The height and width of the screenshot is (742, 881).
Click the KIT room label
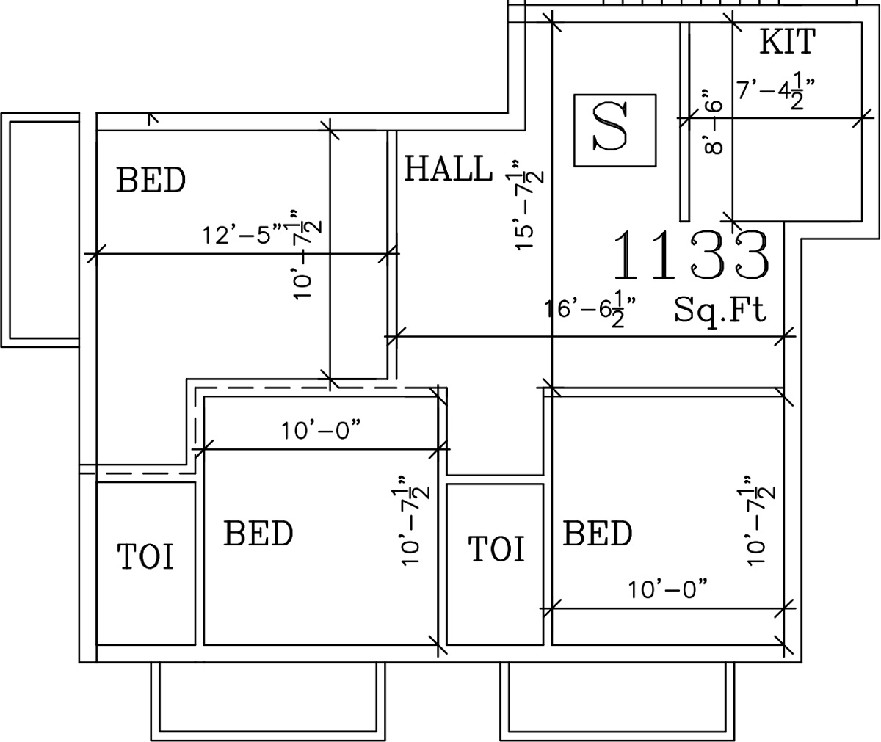pyautogui.click(x=787, y=41)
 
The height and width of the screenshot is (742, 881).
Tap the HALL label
pyautogui.click(x=448, y=169)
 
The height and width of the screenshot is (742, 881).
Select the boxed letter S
pyautogui.click(x=614, y=131)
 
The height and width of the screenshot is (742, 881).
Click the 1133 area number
pyautogui.click(x=691, y=255)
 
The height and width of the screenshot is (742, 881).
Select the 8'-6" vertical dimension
pyautogui.click(x=712, y=122)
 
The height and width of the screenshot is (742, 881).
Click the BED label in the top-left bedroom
pyautogui.click(x=151, y=180)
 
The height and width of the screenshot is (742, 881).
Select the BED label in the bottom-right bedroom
pyautogui.click(x=598, y=533)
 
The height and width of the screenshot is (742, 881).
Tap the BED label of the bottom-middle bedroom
pyautogui.click(x=258, y=533)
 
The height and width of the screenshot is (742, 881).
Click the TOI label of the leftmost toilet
pyautogui.click(x=145, y=556)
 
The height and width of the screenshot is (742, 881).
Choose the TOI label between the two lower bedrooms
pyautogui.click(x=496, y=548)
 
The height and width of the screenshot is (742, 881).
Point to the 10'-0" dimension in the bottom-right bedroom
pyautogui.click(x=667, y=589)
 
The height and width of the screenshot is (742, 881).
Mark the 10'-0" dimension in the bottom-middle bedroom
pyautogui.click(x=321, y=431)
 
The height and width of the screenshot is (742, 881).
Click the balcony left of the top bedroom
pyautogui.click(x=40, y=230)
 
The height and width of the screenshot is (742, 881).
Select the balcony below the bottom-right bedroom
pyautogui.click(x=618, y=702)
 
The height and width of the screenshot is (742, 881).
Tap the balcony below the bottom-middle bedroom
pyautogui.click(x=268, y=702)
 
